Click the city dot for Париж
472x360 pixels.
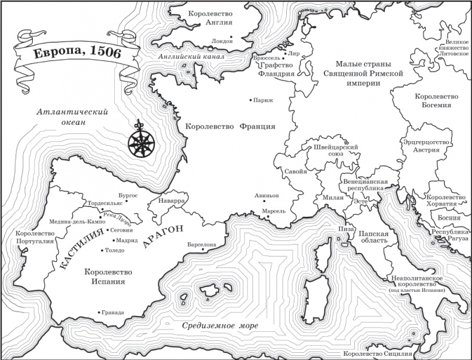pyautogui.click(x=251, y=100)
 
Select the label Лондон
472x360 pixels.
pyautogui.click(x=222, y=41)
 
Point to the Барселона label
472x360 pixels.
pyautogui.click(x=200, y=245)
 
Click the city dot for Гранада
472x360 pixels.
pyautogui.click(x=99, y=312)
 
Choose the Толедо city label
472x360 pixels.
pyautogui.click(x=115, y=251)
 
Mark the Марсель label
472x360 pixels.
pyautogui.click(x=275, y=211)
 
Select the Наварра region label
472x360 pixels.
pyautogui.click(x=171, y=202)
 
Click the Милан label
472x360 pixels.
pyautogui.click(x=332, y=197)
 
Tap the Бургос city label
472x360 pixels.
pyautogui.click(x=127, y=196)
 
